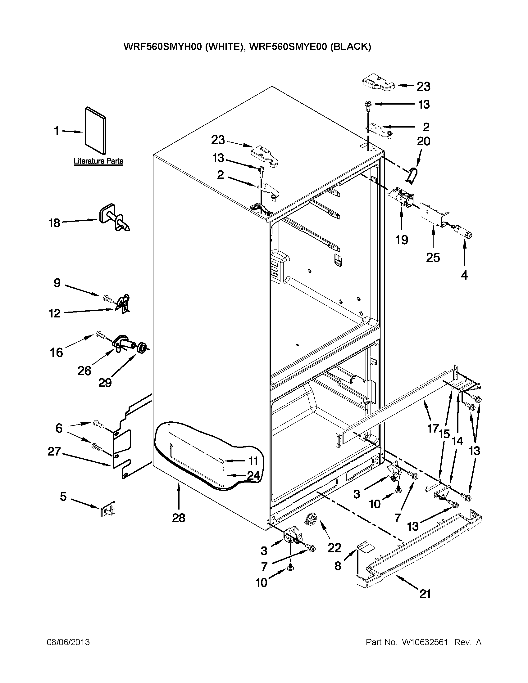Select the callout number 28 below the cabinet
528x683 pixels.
pos(179,518)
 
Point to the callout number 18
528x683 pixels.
pos(54,223)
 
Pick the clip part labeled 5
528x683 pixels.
pos(108,509)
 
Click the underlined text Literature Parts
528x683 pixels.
pos(98,161)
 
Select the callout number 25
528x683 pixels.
pos(433,257)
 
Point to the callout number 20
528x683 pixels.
pos(423,142)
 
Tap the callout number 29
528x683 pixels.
pos(105,382)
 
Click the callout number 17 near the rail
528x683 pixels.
pos(433,428)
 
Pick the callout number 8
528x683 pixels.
pos(338,565)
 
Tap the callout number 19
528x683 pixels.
pos(401,240)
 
